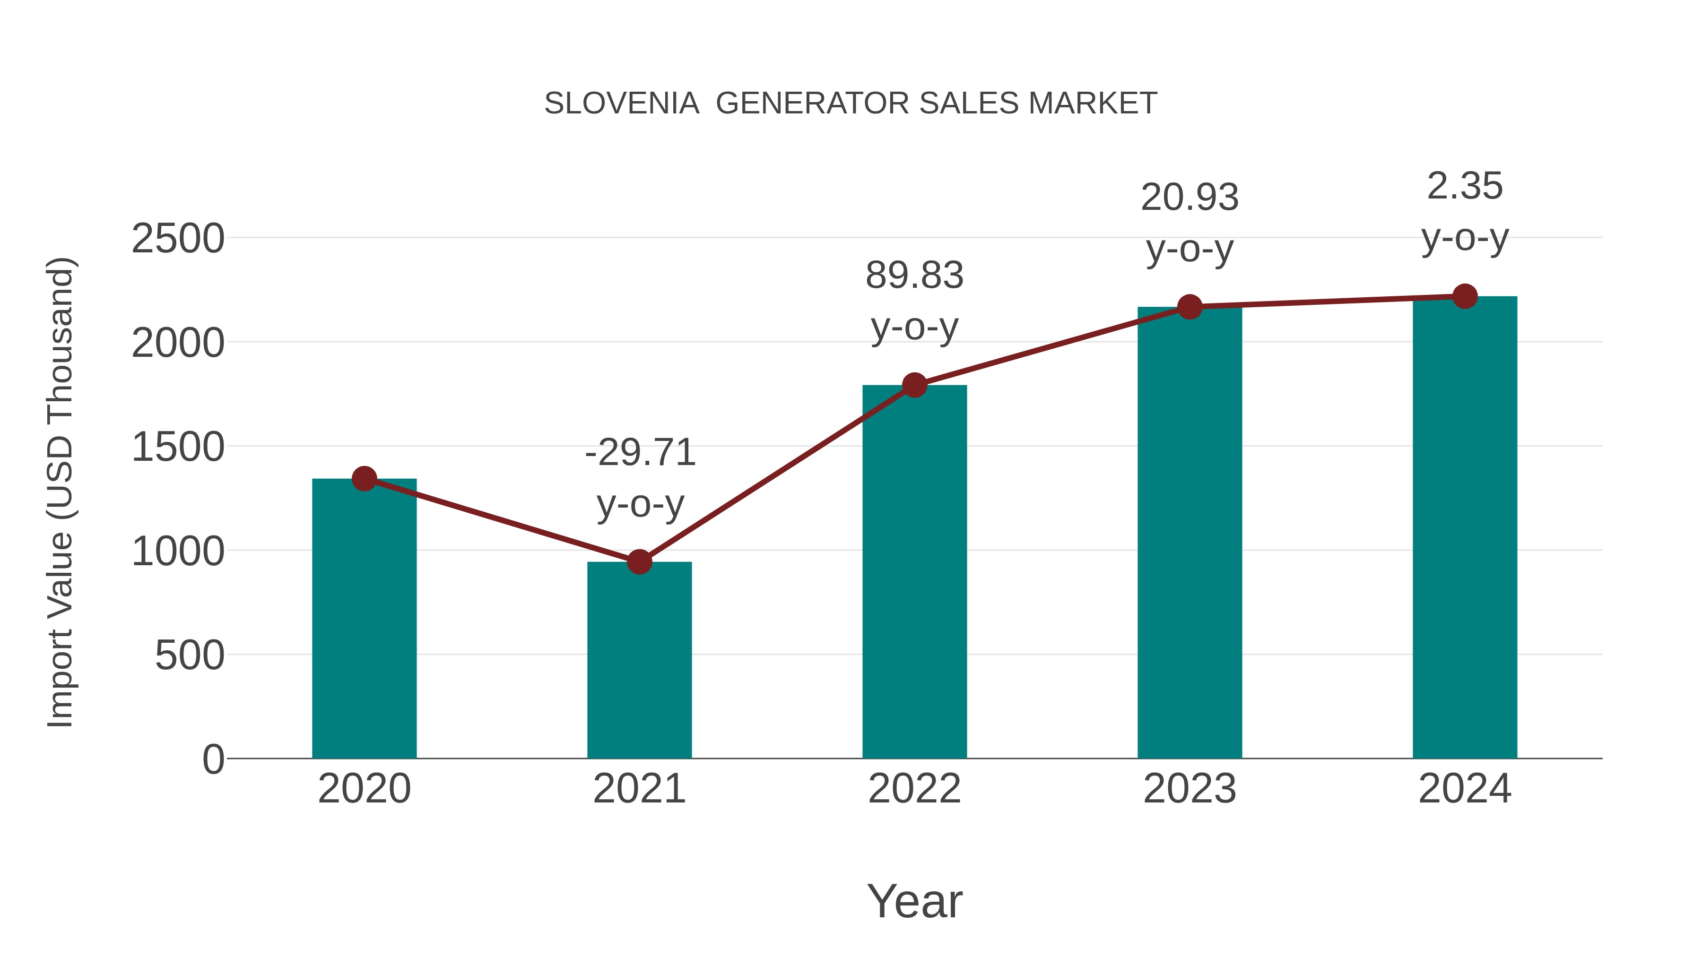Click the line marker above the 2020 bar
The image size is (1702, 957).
364,478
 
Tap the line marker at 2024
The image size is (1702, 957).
1465,296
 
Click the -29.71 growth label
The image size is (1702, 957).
640,453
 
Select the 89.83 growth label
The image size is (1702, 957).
914,276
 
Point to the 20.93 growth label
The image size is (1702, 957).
1190,198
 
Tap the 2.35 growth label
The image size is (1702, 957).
1465,186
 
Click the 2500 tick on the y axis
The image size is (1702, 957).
178,239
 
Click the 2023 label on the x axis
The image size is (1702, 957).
1190,789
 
